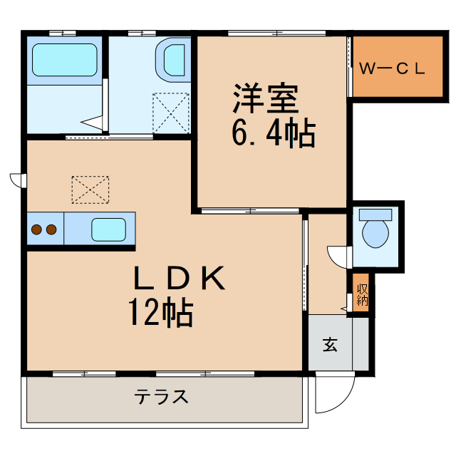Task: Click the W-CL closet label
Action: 391,69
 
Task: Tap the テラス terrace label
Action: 162,397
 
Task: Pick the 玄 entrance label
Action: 329,345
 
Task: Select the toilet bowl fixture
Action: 375,232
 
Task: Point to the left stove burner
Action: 36,229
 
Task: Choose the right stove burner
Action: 51,229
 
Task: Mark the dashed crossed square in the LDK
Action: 90,189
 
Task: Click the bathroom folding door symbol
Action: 94,122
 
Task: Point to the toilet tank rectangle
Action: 375,213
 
